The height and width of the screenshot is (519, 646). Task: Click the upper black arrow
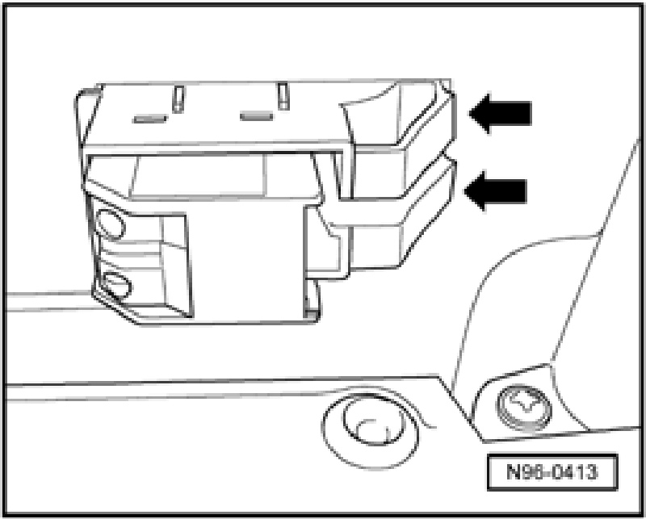pos(502,112)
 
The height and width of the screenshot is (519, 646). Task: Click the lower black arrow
pos(498,192)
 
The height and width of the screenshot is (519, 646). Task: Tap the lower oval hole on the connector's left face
pos(114,284)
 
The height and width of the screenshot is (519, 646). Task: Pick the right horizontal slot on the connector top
pos(258,118)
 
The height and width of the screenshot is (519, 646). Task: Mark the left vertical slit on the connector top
pos(177,100)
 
